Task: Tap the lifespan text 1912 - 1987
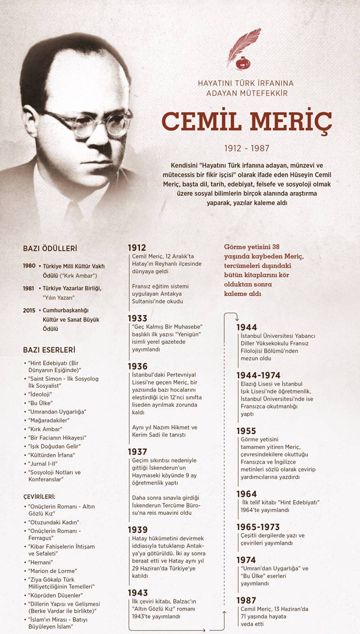pos(247,148)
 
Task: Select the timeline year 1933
pos(137,318)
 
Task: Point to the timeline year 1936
pos(138,366)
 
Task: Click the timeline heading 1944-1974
pos(258,375)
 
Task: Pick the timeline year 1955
pos(246,431)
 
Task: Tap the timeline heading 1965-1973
pos(258,527)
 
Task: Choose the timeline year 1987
pos(246,600)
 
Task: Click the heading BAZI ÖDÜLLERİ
pos(50,249)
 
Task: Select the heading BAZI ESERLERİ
pos(49,350)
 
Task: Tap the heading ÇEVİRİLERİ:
pos(39,497)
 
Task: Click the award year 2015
pos(29,311)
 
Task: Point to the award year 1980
pos(29,266)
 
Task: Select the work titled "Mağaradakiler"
pos(49,420)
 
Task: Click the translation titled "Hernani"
pos(40,562)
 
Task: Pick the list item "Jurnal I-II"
pos(43,464)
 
